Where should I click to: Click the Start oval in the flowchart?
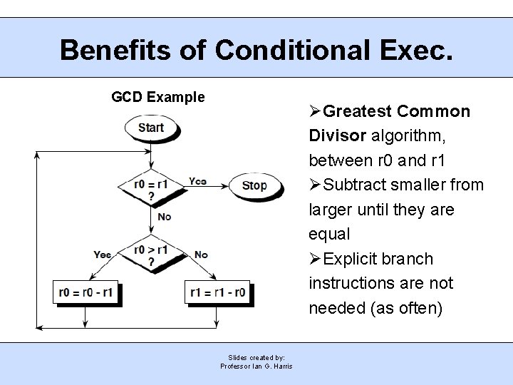[x=151, y=128]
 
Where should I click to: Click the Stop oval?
[x=254, y=185]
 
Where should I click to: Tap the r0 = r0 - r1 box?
[x=87, y=292]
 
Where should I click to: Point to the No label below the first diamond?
[x=165, y=216]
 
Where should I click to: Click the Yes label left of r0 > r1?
[x=103, y=255]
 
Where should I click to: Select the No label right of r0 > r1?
[x=201, y=255]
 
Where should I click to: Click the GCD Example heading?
[x=158, y=97]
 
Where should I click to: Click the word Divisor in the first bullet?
[x=338, y=135]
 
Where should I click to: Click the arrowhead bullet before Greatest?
[x=316, y=111]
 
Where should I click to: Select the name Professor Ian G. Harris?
[x=256, y=366]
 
